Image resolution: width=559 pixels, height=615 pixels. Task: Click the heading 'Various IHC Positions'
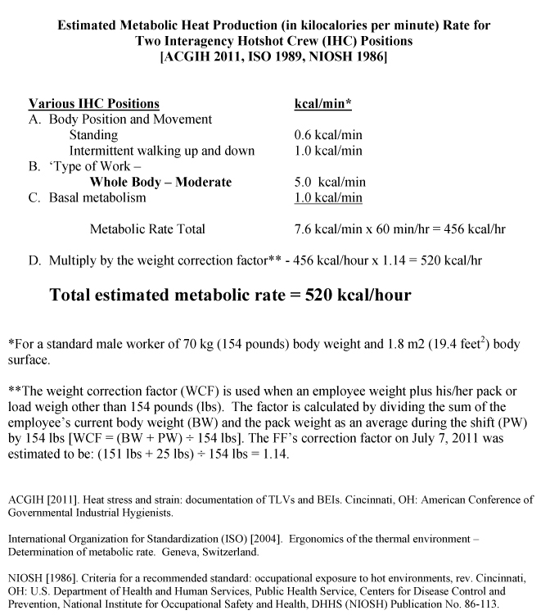click(x=94, y=104)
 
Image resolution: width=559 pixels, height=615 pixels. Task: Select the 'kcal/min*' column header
click(x=323, y=104)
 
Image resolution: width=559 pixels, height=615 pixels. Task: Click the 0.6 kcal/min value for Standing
click(x=328, y=135)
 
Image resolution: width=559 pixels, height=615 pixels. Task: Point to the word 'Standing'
click(x=93, y=135)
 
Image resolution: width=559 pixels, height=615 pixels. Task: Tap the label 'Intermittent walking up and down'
click(x=161, y=151)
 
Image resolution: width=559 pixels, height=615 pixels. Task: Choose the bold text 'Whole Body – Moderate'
click(x=160, y=182)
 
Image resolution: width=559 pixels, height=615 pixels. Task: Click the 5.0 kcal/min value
click(x=330, y=182)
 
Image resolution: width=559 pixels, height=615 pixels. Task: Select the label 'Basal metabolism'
click(x=97, y=197)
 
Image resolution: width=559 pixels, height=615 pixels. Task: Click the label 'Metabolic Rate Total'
click(x=147, y=229)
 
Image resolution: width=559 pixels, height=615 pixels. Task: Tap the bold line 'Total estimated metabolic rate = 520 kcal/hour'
click(x=230, y=295)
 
